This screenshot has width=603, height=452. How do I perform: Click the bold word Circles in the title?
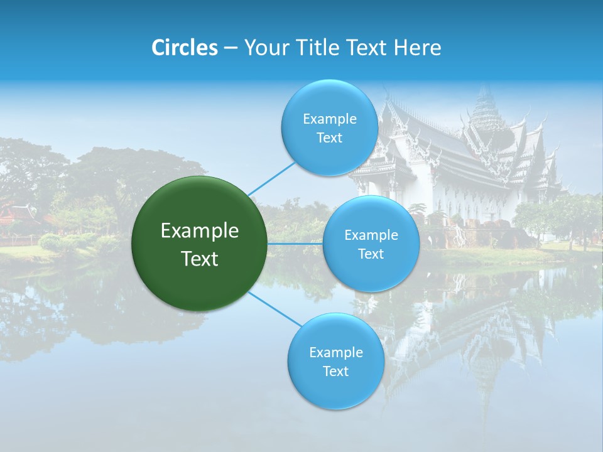pos(184,48)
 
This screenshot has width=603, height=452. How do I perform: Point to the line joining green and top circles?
pos(271,178)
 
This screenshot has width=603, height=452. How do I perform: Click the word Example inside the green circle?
pos(200,231)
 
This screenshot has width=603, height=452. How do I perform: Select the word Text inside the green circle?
pos(200,259)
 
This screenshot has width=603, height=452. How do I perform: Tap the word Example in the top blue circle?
pos(329,119)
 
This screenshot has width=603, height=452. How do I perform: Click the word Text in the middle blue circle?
pos(371,254)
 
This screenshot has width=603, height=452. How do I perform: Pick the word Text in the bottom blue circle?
pos(335,372)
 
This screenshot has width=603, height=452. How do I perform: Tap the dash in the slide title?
pos(231,48)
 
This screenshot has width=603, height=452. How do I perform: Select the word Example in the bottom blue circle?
pos(335,353)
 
